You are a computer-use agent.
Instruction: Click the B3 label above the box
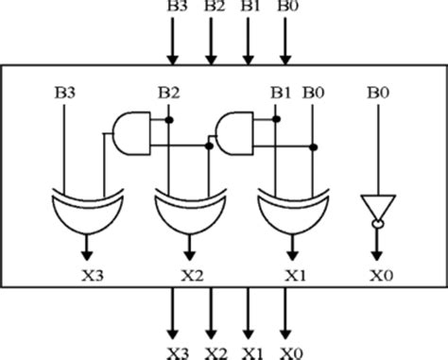(176, 9)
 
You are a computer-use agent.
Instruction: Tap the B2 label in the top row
(213, 9)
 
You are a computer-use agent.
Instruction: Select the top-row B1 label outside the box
(250, 9)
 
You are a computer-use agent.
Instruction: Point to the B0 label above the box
(286, 9)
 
